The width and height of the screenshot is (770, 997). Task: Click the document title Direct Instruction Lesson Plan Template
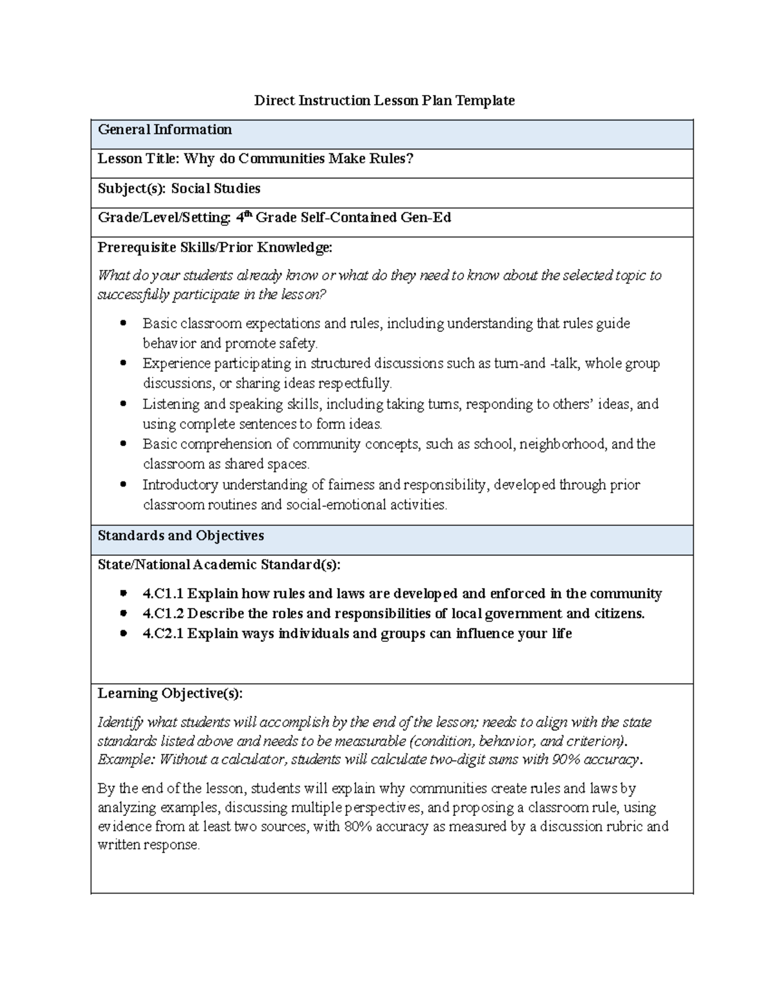pyautogui.click(x=384, y=100)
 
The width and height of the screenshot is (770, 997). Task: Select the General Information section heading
pyautogui.click(x=164, y=130)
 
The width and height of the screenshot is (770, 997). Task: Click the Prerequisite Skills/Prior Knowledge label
pyautogui.click(x=215, y=247)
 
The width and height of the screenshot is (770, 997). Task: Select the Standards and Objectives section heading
pyautogui.click(x=180, y=535)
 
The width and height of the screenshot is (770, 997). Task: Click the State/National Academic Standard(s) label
pyautogui.click(x=219, y=565)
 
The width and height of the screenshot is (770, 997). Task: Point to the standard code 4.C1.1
pyautogui.click(x=163, y=594)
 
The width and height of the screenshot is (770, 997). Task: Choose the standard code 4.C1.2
pyautogui.click(x=163, y=614)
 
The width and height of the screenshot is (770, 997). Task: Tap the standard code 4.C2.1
pyautogui.click(x=163, y=634)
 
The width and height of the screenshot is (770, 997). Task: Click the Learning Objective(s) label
pyautogui.click(x=170, y=693)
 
